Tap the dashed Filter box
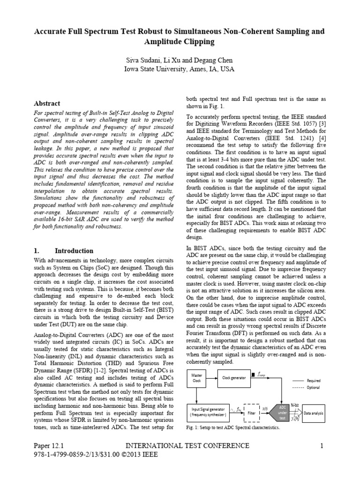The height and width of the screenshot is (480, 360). [251, 413]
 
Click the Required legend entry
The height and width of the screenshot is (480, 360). [313, 381]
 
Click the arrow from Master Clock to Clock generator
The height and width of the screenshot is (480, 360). [211, 378]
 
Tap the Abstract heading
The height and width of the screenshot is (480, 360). [48, 104]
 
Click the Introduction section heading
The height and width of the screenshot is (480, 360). [74, 251]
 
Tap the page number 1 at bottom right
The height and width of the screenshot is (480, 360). [322, 446]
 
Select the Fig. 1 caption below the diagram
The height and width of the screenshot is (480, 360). [232, 428]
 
